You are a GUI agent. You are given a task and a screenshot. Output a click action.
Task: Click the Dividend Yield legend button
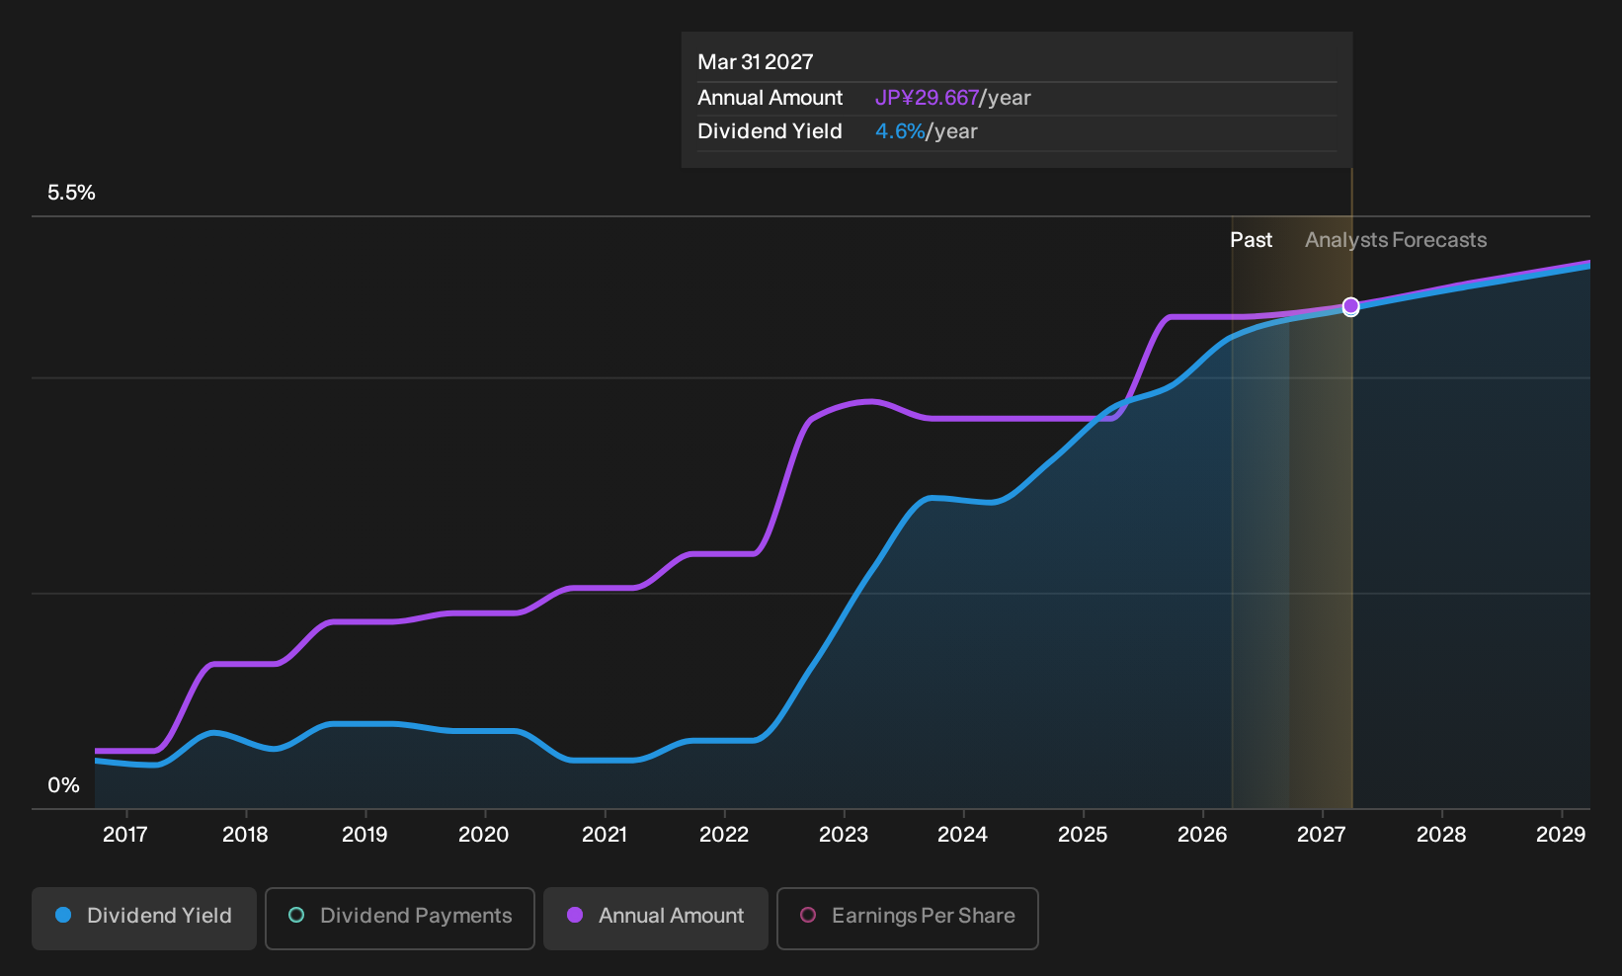144,918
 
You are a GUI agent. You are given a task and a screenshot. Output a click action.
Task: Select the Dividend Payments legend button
400,918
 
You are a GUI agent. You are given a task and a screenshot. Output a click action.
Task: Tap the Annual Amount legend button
655,918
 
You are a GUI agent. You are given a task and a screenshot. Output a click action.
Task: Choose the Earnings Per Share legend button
907,918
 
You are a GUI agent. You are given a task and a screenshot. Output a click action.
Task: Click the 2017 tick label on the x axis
125,835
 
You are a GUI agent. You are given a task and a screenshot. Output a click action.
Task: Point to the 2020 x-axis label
484,835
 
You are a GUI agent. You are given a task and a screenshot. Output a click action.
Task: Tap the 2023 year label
844,835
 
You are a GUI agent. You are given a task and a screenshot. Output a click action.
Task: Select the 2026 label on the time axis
1202,835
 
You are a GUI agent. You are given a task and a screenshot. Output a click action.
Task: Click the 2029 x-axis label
1561,835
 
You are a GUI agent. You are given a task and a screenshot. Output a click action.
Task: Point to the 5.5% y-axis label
71,193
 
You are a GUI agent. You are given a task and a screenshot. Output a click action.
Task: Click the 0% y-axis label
64,785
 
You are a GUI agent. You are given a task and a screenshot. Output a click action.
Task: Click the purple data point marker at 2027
1350,306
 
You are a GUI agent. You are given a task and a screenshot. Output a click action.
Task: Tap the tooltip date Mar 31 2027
756,62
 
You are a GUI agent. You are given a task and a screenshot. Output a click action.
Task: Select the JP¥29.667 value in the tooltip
927,98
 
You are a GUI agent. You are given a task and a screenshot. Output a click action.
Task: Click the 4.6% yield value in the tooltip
900,131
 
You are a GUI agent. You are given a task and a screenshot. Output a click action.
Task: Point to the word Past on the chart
1252,240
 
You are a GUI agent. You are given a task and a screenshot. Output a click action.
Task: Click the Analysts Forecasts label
1396,240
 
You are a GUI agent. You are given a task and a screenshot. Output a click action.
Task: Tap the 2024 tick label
962,835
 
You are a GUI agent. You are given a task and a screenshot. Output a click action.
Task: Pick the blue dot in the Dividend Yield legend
64,915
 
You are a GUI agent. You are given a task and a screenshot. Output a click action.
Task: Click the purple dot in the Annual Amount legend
575,915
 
